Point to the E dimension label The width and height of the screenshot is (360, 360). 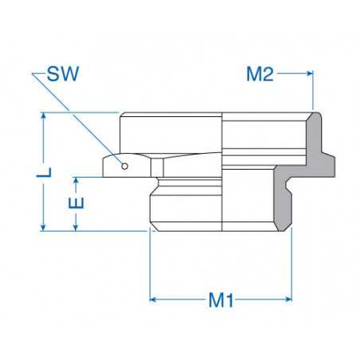pyautogui.click(x=76, y=203)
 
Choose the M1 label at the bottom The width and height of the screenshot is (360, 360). pyautogui.click(x=221, y=300)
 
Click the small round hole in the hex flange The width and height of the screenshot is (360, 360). pyautogui.click(x=125, y=166)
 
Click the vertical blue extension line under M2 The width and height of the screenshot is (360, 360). pyautogui.click(x=314, y=96)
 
